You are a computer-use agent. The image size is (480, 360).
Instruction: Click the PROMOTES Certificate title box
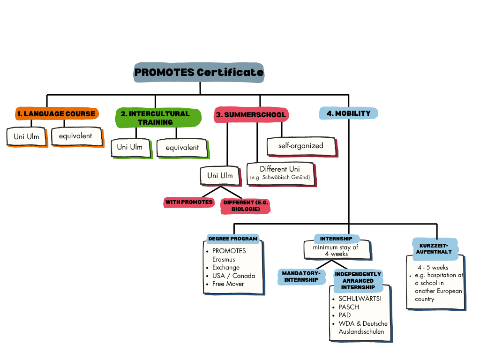(x=199, y=73)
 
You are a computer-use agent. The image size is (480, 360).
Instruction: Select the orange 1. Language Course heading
(x=56, y=113)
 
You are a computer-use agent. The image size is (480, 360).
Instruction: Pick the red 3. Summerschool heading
(x=250, y=114)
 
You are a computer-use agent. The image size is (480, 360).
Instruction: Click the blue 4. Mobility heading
(x=348, y=113)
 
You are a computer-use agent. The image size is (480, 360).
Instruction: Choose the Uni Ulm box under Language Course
(x=27, y=136)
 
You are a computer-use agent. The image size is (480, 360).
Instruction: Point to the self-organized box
(x=301, y=146)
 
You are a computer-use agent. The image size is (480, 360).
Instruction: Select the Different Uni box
(x=280, y=172)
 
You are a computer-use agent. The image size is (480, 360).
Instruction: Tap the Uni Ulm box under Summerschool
(x=220, y=176)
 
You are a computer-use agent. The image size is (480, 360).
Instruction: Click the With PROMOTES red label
(x=188, y=202)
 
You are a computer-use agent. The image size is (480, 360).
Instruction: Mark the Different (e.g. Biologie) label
(x=246, y=205)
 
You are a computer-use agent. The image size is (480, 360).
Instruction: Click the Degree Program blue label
(x=233, y=239)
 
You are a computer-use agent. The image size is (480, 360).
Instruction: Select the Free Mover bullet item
(x=228, y=284)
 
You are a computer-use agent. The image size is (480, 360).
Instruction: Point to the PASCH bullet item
(x=349, y=307)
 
